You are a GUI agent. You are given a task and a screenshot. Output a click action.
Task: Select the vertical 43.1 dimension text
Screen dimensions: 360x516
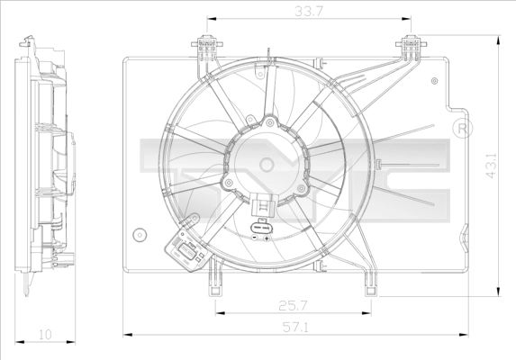click(491, 167)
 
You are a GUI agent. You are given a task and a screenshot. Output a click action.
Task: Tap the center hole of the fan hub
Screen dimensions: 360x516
click(267, 164)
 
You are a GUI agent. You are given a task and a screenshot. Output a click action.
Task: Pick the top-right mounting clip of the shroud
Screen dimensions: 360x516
click(412, 44)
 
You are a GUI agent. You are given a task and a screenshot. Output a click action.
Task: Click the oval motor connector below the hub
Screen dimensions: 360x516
click(263, 229)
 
